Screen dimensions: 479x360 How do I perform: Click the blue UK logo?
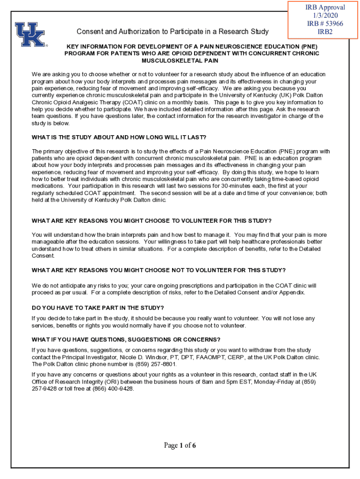(x=30, y=35)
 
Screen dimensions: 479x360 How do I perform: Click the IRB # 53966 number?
(x=325, y=23)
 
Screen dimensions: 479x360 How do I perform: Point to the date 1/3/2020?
(x=325, y=15)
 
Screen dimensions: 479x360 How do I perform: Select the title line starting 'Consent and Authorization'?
(x=173, y=32)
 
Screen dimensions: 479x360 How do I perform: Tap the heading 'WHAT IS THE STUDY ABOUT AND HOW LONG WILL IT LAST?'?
(x=119, y=138)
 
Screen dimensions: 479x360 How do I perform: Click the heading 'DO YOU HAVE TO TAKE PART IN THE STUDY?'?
(x=98, y=308)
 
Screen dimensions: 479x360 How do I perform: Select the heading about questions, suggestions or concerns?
(x=126, y=340)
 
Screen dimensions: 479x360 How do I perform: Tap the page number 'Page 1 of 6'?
(x=180, y=445)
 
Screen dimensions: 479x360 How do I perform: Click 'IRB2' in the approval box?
(x=325, y=32)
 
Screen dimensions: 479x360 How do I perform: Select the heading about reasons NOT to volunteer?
(x=158, y=270)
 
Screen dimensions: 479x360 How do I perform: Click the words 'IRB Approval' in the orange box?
(x=325, y=7)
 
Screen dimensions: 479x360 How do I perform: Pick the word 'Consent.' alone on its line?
(x=43, y=256)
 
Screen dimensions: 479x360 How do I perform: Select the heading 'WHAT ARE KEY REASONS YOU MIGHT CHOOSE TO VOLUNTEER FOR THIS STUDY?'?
(x=151, y=221)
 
